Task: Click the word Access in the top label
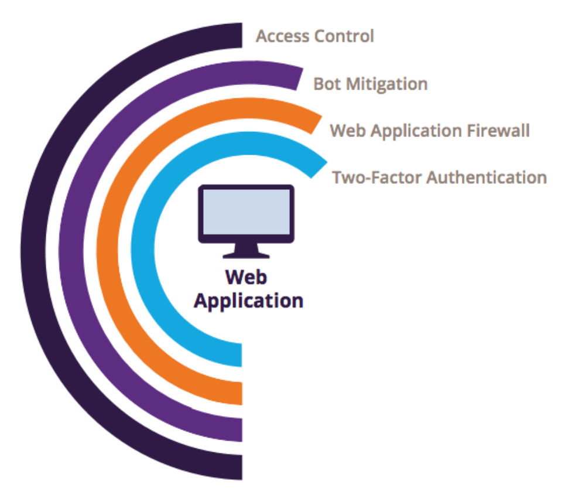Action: pyautogui.click(x=282, y=36)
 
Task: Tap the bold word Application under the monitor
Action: pyautogui.click(x=249, y=301)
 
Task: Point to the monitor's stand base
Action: pyautogui.click(x=247, y=255)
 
